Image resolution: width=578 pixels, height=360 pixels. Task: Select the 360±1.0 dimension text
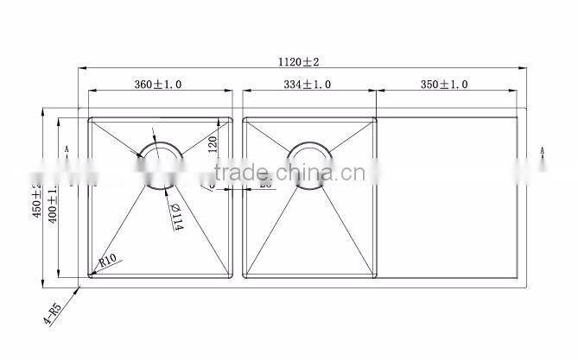159,85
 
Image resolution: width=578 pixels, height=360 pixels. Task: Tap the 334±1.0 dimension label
308,85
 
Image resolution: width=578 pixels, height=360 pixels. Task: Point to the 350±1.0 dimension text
444,85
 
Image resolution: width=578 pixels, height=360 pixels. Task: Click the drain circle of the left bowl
162,165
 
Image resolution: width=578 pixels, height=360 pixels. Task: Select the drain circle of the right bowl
308,165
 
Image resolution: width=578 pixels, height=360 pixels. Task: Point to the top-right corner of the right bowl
373,119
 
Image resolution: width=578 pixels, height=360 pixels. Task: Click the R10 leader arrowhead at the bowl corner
93,273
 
